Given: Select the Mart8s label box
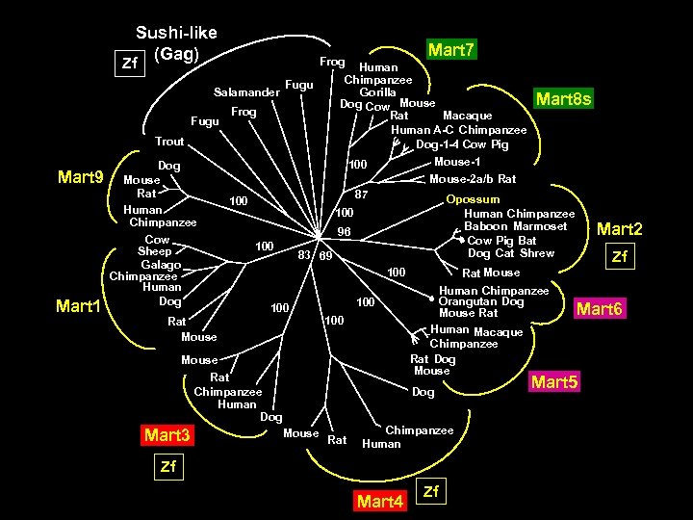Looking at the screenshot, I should (x=564, y=98).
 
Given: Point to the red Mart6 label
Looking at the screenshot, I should (x=600, y=309).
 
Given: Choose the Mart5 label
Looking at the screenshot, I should (x=556, y=383).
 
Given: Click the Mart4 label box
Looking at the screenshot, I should (x=380, y=502).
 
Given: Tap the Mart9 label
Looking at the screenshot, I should (x=82, y=176).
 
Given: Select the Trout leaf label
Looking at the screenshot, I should (x=169, y=141).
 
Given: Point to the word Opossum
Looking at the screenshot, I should (x=472, y=199).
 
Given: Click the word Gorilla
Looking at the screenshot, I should (x=378, y=91).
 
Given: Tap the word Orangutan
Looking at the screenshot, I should (x=469, y=301).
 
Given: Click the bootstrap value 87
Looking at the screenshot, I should (x=362, y=194).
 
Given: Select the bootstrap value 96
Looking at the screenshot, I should (x=344, y=231).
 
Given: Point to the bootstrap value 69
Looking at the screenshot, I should (x=326, y=256).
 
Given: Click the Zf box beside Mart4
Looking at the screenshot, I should (x=431, y=493).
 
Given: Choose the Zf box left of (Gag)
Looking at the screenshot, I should (x=128, y=65).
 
